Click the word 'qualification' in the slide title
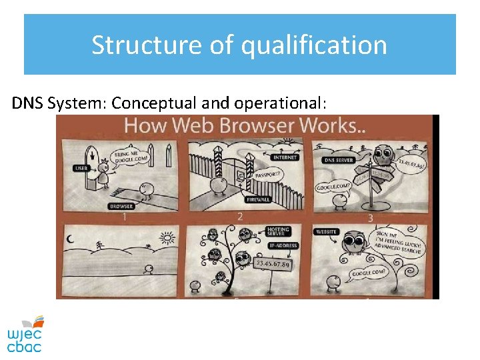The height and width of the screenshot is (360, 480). pos(313,45)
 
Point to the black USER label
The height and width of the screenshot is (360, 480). pos(81,168)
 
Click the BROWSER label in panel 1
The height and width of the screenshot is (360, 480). pos(121,206)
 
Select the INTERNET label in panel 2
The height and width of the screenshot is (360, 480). pos(285,157)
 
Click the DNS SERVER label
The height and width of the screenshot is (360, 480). pos(339,160)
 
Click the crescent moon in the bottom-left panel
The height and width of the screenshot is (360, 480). pos(70,239)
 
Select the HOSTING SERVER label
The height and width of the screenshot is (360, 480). pos(276,232)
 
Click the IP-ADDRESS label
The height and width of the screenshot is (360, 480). pos(283,246)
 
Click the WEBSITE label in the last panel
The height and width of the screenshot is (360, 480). pos(327,231)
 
